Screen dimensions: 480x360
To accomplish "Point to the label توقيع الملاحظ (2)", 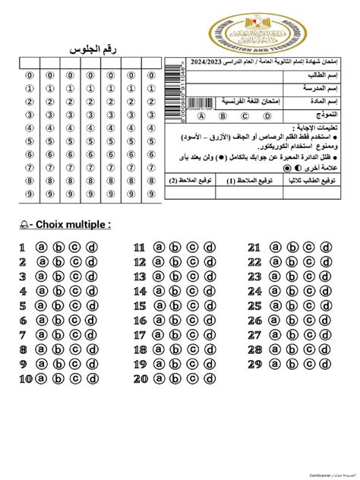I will [183, 182].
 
